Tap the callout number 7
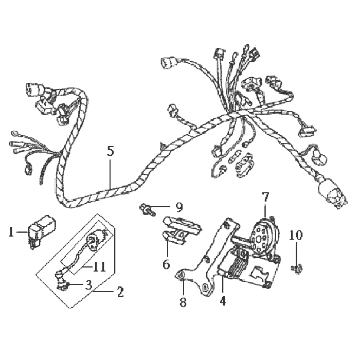265,197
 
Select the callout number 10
296,235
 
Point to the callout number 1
11,232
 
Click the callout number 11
99,267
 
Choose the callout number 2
120,292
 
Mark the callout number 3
88,285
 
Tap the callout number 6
166,264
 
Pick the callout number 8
183,302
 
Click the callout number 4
223,300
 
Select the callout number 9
179,207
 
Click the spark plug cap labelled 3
62,280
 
